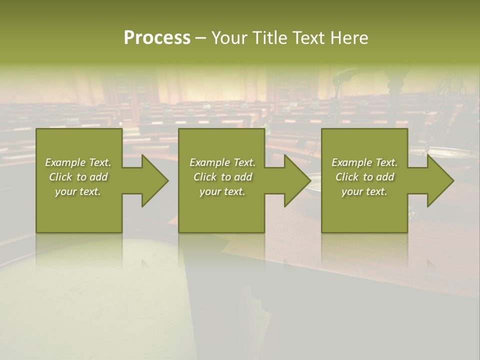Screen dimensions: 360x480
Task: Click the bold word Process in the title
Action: click(x=157, y=38)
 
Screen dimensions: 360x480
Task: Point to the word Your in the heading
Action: click(x=229, y=38)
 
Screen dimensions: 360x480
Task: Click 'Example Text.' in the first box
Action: click(x=78, y=162)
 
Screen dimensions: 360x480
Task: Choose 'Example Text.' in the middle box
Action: click(x=222, y=162)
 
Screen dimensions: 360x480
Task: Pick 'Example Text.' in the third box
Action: click(x=364, y=162)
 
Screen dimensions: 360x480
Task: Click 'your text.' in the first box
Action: click(x=78, y=191)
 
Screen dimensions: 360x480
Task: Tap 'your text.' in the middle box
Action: click(x=222, y=191)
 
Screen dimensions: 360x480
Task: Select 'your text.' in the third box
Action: click(x=364, y=191)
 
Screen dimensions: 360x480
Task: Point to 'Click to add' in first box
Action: click(x=78, y=177)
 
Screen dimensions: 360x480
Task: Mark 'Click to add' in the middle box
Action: click(x=222, y=177)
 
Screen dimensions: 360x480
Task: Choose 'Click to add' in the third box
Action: click(x=364, y=177)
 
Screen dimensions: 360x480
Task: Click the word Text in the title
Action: click(x=308, y=38)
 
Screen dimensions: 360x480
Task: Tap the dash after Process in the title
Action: click(x=200, y=38)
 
